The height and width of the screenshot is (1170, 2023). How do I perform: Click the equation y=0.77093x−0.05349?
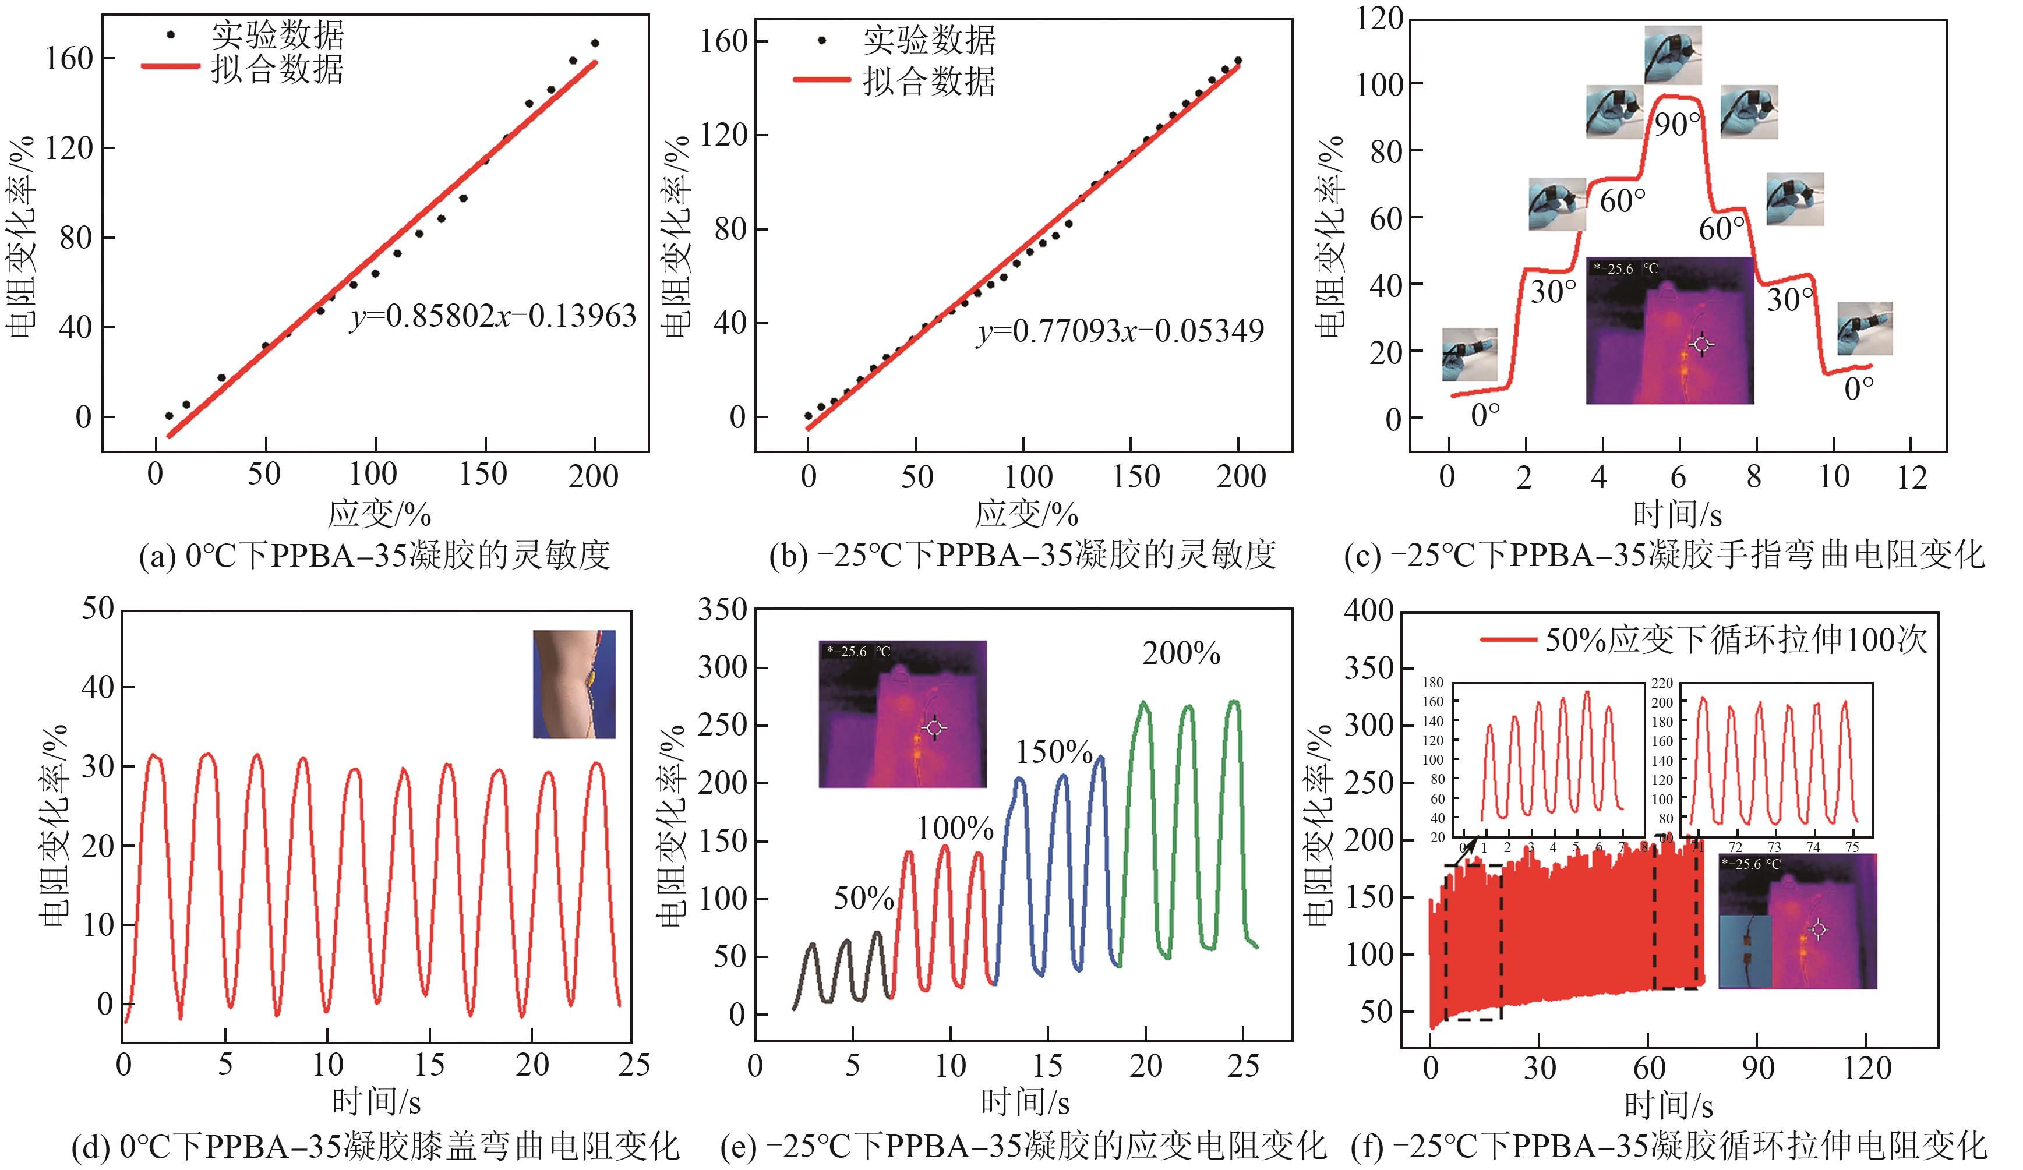click(1121, 331)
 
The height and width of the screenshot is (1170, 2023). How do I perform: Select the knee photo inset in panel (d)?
click(574, 684)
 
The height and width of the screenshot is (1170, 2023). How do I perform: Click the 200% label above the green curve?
click(1181, 654)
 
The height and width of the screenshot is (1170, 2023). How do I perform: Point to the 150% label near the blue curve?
click(1054, 752)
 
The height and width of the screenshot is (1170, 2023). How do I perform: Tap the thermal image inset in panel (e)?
click(902, 713)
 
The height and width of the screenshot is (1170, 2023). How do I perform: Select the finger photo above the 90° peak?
click(1672, 55)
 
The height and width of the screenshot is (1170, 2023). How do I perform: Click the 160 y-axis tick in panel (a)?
click(69, 59)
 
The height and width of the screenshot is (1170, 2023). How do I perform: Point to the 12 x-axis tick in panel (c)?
click(1911, 478)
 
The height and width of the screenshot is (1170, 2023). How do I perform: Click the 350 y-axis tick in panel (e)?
click(722, 610)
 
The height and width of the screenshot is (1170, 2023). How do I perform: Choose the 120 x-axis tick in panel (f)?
click(1867, 1068)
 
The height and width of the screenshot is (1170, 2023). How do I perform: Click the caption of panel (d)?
click(376, 1146)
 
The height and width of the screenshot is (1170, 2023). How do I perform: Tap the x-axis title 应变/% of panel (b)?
click(1026, 514)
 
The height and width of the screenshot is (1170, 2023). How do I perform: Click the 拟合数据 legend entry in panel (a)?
click(277, 70)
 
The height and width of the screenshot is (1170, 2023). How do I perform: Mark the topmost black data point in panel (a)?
click(595, 43)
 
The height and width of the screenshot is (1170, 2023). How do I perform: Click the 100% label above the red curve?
click(955, 828)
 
